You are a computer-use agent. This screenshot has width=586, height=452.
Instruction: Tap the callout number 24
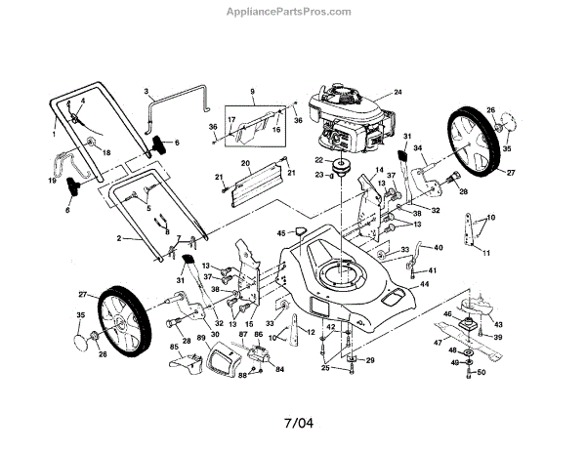coord(398,92)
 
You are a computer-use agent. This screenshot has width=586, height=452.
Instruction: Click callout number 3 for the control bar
coord(146,91)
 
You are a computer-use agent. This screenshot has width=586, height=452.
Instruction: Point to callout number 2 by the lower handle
coord(119,238)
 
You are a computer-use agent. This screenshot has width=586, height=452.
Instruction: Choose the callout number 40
coord(439,247)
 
